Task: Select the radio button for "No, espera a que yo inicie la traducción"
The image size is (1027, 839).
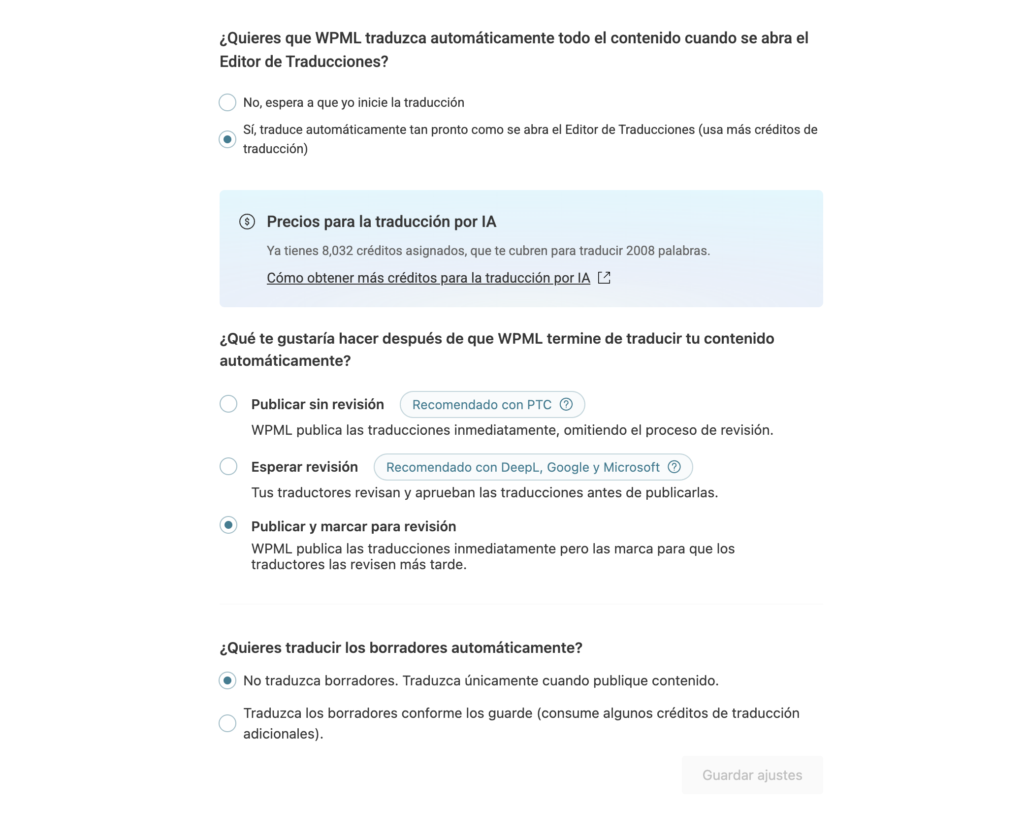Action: tap(227, 102)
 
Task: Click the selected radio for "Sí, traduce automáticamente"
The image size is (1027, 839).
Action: tap(227, 139)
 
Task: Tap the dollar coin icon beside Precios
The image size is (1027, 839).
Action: tap(247, 222)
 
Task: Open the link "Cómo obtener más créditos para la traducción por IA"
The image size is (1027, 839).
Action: tap(428, 278)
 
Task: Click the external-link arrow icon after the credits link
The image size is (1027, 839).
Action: tap(604, 278)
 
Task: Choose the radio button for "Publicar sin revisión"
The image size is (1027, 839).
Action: tap(228, 404)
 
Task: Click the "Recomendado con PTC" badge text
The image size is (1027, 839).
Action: tap(481, 405)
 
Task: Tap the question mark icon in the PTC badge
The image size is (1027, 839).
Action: tap(566, 404)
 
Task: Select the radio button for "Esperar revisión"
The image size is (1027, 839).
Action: tap(228, 466)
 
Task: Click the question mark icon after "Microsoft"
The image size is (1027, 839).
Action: tap(674, 467)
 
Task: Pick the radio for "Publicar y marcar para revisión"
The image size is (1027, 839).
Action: tap(228, 525)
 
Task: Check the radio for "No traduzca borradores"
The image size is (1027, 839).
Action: tap(227, 680)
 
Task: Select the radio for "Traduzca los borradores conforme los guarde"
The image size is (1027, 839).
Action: tap(227, 723)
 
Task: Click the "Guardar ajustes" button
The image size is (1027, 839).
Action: tap(752, 775)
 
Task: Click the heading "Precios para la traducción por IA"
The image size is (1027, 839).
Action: tap(381, 222)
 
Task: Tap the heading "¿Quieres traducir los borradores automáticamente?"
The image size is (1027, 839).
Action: tap(401, 647)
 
